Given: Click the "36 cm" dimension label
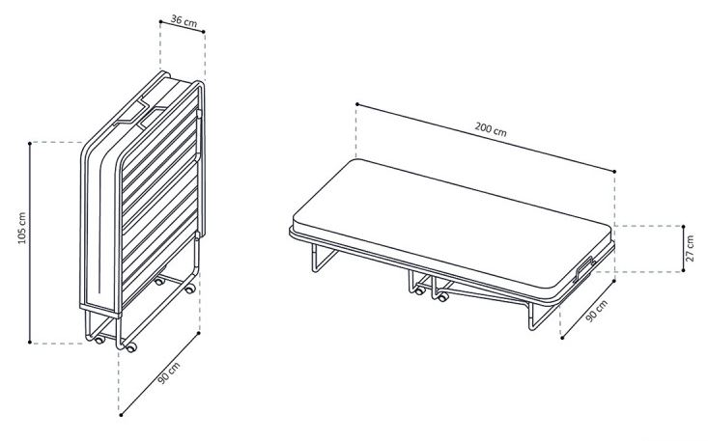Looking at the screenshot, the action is click(184, 21).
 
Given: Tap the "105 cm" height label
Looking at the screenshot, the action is click(22, 228).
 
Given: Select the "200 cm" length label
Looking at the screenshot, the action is click(491, 129).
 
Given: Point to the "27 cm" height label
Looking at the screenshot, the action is click(690, 248).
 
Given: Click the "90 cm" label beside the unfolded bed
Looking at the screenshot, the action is click(597, 311).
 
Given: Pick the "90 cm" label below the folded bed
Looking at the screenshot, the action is click(169, 372).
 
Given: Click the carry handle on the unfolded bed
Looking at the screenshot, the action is click(583, 268).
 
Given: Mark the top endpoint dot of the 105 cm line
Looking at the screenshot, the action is click(30, 143).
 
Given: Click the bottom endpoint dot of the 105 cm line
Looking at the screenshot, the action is click(30, 343).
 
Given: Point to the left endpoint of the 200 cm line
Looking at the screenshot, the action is click(356, 104).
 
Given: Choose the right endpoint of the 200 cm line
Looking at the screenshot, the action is click(614, 172).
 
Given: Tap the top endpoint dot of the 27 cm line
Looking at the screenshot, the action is click(683, 227).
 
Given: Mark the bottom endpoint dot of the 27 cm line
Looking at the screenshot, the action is click(683, 270).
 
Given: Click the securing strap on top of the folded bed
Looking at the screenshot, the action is click(140, 114).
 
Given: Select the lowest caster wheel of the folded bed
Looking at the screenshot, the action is click(131, 347).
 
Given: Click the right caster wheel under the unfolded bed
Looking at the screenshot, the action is click(443, 297).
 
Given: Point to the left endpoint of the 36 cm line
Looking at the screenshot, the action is click(160, 20).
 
